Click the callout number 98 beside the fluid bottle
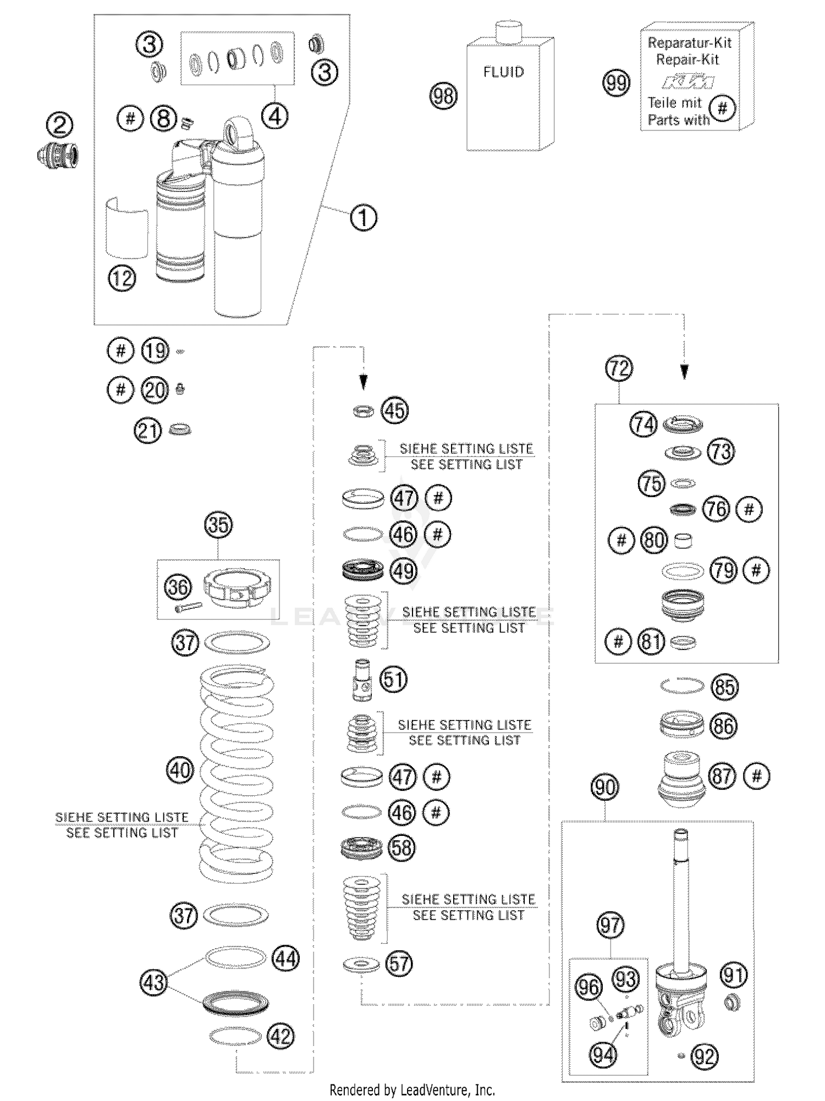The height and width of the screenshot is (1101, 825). (443, 96)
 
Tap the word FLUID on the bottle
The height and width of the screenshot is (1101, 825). (503, 72)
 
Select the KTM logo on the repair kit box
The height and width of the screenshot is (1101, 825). (689, 82)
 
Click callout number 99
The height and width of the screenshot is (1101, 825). (616, 83)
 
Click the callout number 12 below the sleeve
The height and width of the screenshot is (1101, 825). (122, 278)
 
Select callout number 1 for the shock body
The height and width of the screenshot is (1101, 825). (364, 218)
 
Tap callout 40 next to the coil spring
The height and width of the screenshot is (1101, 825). (180, 770)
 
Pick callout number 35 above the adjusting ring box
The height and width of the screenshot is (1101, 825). (218, 525)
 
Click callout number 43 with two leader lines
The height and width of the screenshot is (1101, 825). (153, 982)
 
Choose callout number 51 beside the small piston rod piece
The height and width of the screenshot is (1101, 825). (393, 680)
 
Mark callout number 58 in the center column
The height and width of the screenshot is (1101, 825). (402, 847)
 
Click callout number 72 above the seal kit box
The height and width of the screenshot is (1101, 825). (619, 368)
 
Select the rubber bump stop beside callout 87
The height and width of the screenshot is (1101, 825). (681, 779)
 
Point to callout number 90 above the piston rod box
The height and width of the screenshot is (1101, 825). (605, 788)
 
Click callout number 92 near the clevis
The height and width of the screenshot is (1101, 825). (705, 1056)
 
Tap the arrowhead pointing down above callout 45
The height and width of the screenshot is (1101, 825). (363, 383)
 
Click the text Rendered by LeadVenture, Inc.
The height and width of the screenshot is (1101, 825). (412, 1089)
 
